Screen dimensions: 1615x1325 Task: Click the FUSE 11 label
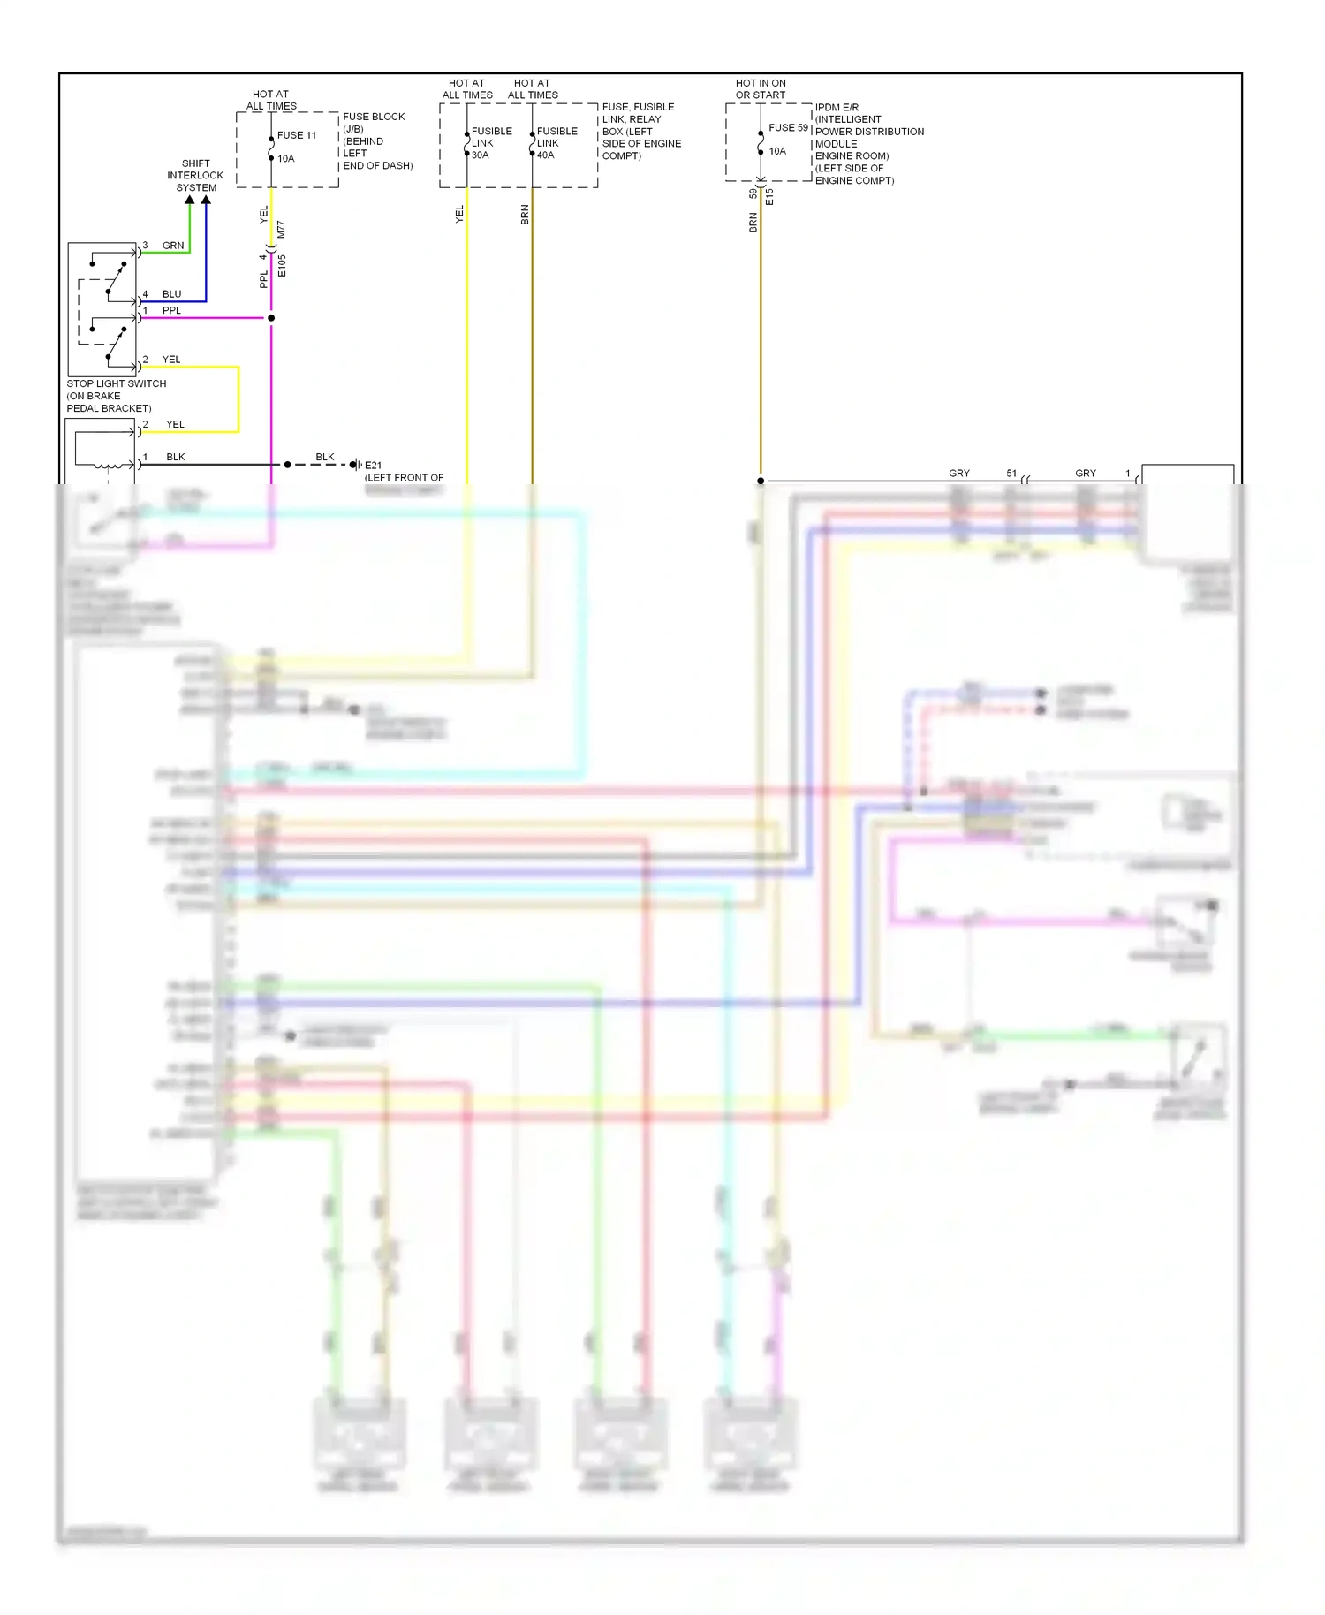tap(296, 135)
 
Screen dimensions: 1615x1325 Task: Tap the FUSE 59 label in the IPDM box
tap(788, 127)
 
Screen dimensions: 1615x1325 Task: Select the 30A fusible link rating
tap(480, 155)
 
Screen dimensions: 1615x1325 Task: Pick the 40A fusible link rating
tap(545, 155)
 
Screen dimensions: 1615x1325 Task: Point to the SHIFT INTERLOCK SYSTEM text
tap(195, 175)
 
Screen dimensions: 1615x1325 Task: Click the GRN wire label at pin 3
tap(173, 246)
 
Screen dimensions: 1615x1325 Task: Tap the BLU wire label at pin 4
tap(171, 294)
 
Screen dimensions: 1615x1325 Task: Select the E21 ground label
tap(373, 465)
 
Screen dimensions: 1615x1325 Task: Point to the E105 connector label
tap(282, 266)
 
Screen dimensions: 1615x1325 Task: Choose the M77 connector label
tap(281, 230)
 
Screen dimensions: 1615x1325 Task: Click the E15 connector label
tap(769, 196)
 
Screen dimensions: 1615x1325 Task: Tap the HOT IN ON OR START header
tap(761, 88)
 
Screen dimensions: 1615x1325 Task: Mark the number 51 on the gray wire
tap(1011, 474)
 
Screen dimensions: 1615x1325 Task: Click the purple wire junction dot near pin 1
tap(271, 317)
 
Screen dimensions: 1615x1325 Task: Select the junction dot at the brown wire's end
tap(761, 481)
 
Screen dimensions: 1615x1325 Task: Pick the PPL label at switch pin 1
tap(171, 310)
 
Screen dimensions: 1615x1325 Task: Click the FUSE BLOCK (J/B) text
tap(374, 122)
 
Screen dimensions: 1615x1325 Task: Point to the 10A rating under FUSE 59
tap(776, 151)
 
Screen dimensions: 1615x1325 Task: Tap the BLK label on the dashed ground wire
tap(324, 457)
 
